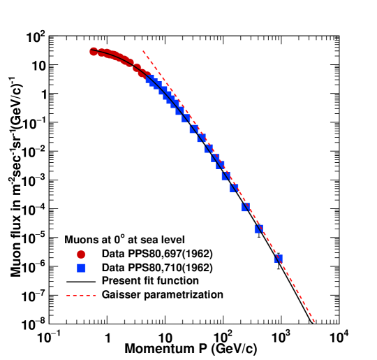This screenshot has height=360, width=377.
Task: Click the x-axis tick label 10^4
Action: (339, 338)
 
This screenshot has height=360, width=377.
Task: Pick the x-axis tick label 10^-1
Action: (48, 338)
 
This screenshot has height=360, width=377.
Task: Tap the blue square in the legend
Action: (82, 268)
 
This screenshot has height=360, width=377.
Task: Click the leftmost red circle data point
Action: (94, 51)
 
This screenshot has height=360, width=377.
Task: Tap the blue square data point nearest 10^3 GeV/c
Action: (279, 259)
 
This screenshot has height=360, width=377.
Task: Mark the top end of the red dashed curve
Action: (143, 51)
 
